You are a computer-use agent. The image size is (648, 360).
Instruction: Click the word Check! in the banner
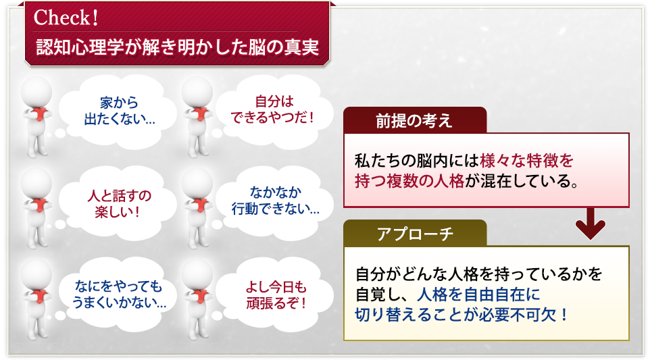pyautogui.click(x=66, y=18)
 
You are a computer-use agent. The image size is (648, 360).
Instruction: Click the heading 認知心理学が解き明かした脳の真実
pyautogui.click(x=178, y=47)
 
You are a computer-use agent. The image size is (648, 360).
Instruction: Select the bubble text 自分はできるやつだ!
pyautogui.click(x=273, y=109)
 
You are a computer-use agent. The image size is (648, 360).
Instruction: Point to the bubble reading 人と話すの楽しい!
pyautogui.click(x=119, y=203)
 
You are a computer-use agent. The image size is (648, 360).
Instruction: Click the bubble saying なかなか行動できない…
pyautogui.click(x=275, y=201)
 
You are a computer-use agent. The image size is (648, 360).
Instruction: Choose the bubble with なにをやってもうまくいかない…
pyautogui.click(x=119, y=294)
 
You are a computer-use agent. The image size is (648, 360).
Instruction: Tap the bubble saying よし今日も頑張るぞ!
pyautogui.click(x=276, y=294)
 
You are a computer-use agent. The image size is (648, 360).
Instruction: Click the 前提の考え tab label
pyautogui.click(x=414, y=121)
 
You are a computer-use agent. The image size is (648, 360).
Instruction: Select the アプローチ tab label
pyautogui.click(x=415, y=234)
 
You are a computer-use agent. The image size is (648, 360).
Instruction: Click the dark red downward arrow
pyautogui.click(x=590, y=224)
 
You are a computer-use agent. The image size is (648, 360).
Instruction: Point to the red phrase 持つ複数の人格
pyautogui.click(x=409, y=181)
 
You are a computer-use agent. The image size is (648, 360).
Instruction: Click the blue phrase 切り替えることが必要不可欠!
pyautogui.click(x=462, y=315)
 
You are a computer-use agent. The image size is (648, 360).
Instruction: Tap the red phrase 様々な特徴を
pyautogui.click(x=526, y=161)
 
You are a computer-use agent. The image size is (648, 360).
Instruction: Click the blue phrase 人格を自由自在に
pyautogui.click(x=478, y=294)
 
